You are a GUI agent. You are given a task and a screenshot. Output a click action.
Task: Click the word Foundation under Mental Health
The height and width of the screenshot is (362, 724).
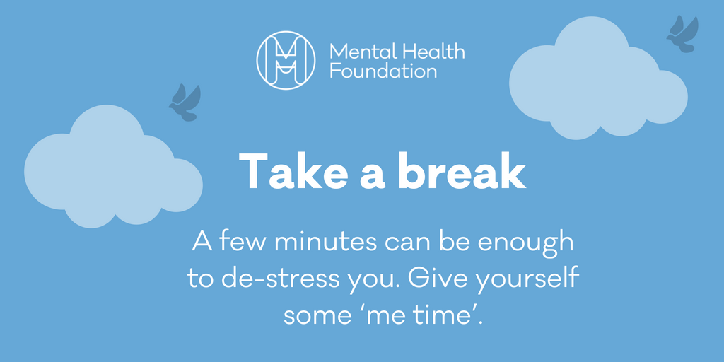[383, 71]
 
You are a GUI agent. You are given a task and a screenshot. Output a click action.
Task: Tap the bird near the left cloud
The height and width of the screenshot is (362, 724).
[185, 101]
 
